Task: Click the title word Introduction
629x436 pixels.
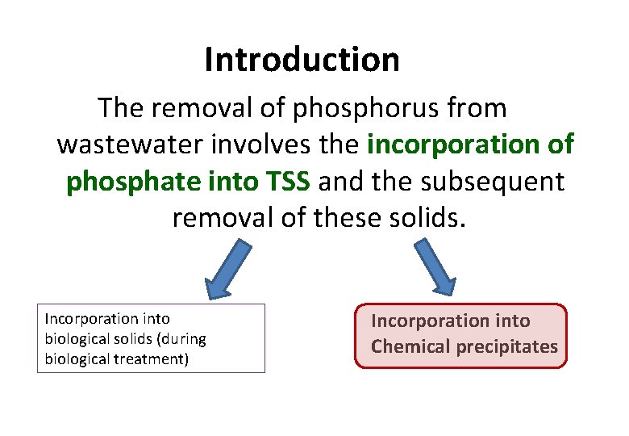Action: point(302,60)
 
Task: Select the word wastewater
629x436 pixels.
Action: point(128,145)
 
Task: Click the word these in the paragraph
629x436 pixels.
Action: point(339,218)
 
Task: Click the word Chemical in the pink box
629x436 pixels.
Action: point(411,347)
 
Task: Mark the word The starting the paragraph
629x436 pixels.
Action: point(120,108)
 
